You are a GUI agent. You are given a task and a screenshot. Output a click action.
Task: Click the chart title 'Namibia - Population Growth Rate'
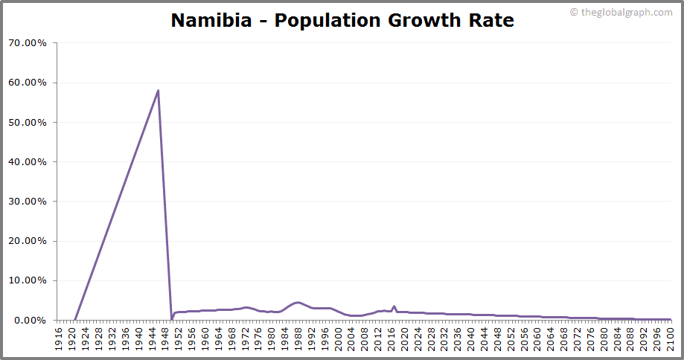pos(342,20)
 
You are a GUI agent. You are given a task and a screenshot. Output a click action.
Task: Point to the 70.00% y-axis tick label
pos(28,43)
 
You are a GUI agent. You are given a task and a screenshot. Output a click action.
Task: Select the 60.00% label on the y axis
pos(28,83)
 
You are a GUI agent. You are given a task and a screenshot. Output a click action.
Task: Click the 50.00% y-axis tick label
pos(28,122)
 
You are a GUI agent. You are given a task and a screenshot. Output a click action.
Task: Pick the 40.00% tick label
pos(28,161)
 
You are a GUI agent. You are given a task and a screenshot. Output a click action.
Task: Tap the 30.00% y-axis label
pos(28,202)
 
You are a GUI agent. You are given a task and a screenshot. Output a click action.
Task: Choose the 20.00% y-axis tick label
pos(28,241)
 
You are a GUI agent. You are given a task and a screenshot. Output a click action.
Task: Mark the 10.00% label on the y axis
pos(28,280)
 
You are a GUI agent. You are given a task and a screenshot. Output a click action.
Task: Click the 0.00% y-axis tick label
pos(31,321)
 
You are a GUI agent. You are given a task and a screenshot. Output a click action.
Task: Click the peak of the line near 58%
pos(158,91)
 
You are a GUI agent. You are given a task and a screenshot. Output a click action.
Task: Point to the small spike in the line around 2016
pos(394,306)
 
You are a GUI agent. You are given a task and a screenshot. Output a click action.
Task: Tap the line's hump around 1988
pos(298,302)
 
